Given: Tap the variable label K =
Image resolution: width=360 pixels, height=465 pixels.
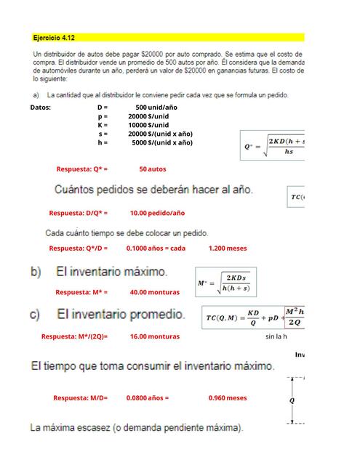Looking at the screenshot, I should tap(103, 124).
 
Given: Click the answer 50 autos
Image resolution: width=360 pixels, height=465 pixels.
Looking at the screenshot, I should tap(153, 169).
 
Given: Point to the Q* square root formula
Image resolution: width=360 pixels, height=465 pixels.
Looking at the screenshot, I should tap(273, 145).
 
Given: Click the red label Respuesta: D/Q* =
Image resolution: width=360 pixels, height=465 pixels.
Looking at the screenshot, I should tap(79, 213).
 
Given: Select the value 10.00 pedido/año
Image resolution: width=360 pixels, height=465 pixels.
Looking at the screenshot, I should tap(157, 213).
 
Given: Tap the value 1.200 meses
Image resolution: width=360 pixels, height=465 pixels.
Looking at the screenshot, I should tap(227, 248).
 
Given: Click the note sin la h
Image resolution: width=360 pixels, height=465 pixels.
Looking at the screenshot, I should tap(276, 336).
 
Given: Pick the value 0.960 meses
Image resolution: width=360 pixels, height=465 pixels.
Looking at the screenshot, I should tap(227, 397).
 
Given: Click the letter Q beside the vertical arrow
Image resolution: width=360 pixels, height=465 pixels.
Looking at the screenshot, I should tap(292, 400).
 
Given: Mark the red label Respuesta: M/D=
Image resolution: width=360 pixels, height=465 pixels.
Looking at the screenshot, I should tap(80, 397).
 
